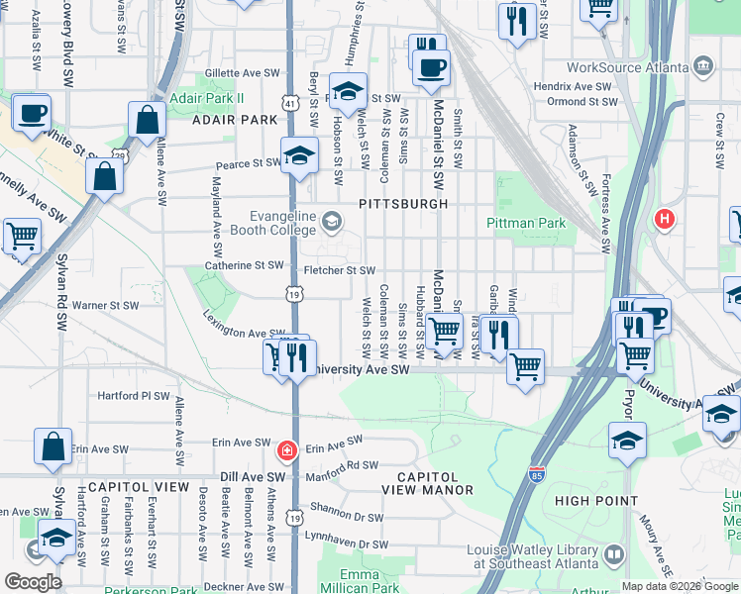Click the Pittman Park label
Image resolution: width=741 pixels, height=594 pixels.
[x=526, y=223]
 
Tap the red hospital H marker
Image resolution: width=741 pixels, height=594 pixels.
[x=664, y=219]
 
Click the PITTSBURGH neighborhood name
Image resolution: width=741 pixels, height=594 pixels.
[x=404, y=203]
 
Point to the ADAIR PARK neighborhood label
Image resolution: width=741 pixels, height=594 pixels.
[x=235, y=120]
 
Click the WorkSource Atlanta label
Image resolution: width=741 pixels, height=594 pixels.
[x=628, y=67]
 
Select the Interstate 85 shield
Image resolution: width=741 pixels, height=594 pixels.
[x=537, y=475]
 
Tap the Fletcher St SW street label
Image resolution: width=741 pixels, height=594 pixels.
[x=340, y=270]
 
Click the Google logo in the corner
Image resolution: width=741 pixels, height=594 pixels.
[x=33, y=582]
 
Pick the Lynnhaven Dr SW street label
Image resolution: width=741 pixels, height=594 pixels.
[x=347, y=544]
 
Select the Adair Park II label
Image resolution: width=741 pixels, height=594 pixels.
[x=206, y=99]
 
